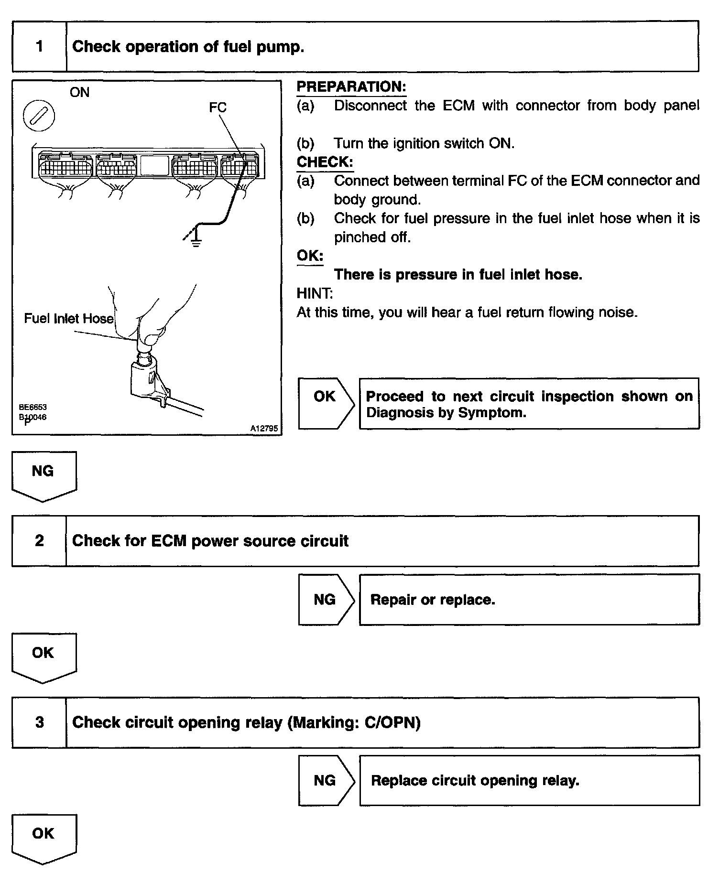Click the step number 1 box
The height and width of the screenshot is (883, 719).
39,46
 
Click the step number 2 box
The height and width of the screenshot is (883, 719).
39,541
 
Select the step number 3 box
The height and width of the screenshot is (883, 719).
39,722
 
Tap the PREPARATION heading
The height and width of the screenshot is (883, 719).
351,87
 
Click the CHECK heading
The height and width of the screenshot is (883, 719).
325,162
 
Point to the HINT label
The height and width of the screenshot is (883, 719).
315,293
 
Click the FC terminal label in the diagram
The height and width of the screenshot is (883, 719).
218,108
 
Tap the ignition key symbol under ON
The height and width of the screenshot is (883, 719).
39,116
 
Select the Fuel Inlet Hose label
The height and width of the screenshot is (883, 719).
69,318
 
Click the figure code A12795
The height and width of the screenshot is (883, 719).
264,429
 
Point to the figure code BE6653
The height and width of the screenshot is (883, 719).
33,408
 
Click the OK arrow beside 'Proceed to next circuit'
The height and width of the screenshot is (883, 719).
325,403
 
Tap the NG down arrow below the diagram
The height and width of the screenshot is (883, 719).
44,475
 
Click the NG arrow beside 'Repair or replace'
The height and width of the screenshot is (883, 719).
325,599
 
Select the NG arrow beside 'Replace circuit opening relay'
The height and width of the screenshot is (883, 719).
325,780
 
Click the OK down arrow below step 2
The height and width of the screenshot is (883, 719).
44,657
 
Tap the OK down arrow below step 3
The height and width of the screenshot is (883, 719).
44,838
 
